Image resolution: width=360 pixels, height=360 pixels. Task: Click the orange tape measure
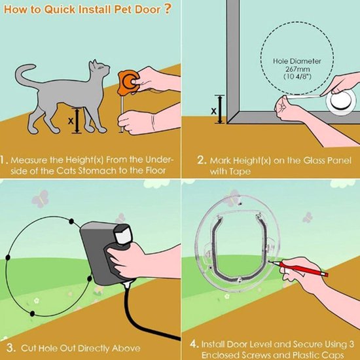(128, 82)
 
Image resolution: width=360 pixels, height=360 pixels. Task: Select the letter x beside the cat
(70, 120)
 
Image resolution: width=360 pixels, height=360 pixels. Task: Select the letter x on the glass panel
(213, 111)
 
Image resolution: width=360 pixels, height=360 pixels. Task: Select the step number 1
(5, 160)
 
